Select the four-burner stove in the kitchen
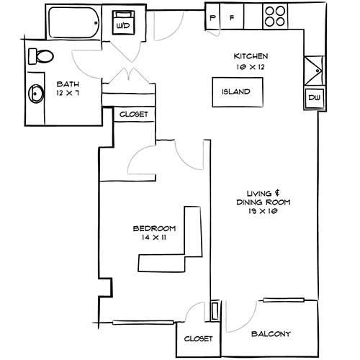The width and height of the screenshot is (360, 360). point(274,16)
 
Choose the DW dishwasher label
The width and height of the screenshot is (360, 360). point(315,97)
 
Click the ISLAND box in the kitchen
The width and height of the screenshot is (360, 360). point(237,92)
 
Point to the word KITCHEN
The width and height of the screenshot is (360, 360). point(251,56)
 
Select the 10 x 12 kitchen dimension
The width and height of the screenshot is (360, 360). point(251,66)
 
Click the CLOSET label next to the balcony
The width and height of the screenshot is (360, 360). point(198,338)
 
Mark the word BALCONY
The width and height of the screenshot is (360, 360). point(271,334)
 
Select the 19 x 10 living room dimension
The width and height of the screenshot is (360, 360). point(268,212)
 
